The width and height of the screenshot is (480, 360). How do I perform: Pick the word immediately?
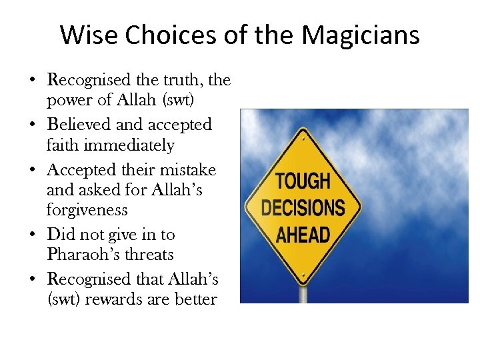pos(131,145)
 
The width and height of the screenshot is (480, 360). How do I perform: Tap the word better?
pos(195,299)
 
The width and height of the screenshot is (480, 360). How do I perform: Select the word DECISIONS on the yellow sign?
pos(303,207)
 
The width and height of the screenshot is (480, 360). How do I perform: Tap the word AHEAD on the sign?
pos(303,235)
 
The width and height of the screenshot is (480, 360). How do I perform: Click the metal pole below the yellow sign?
pos(304,294)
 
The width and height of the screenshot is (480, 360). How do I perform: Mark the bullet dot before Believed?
pos(33,125)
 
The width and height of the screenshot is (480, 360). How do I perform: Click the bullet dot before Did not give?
pos(33,235)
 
